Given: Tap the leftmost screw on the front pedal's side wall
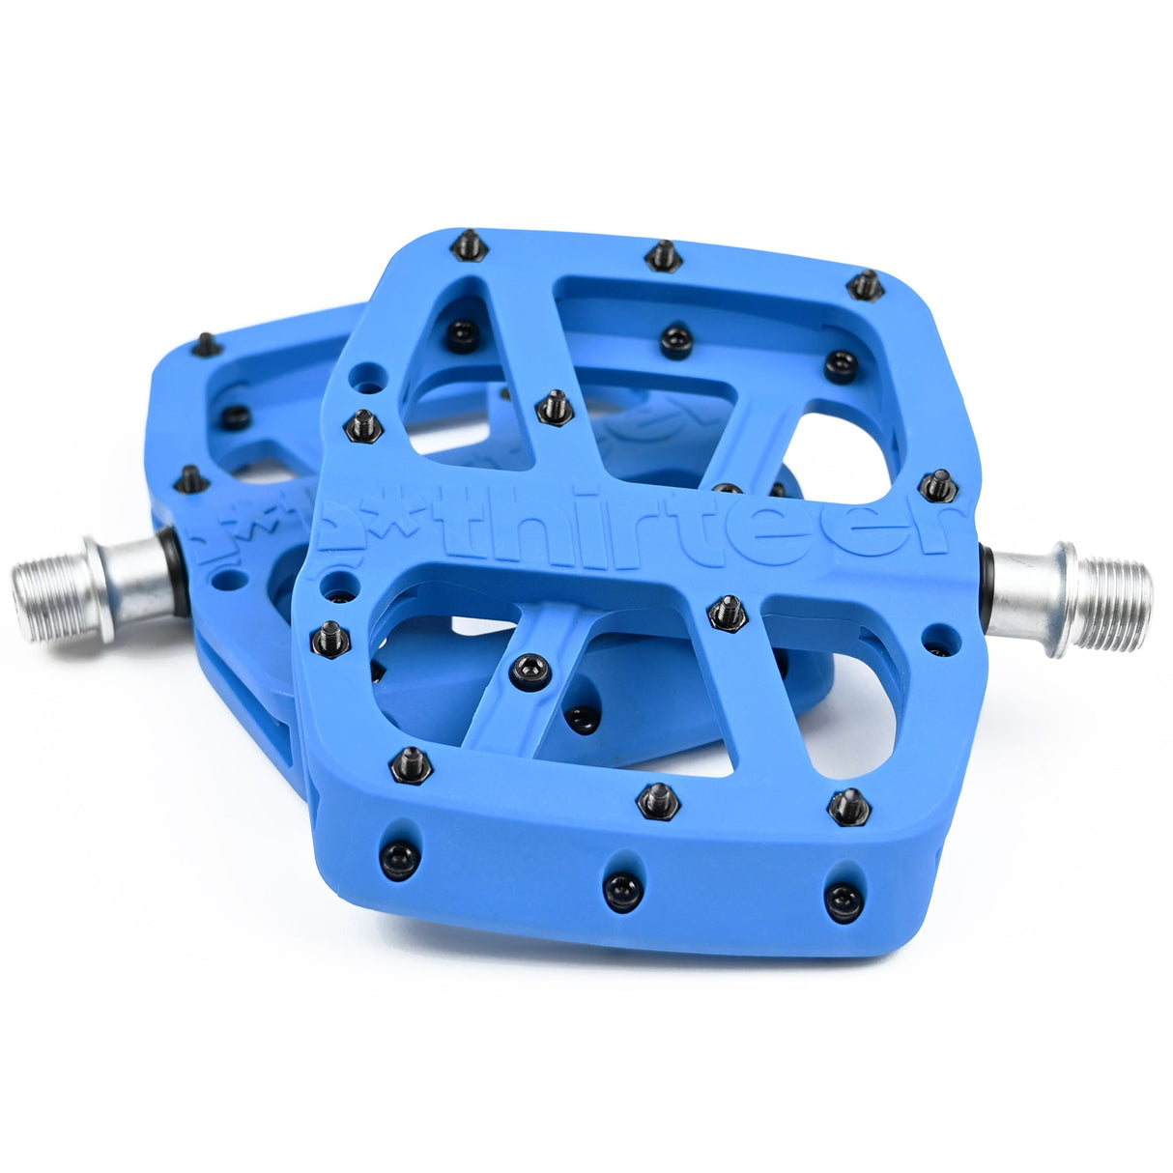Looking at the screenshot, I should click(399, 859).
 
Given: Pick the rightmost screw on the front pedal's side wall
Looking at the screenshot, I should click(844, 901).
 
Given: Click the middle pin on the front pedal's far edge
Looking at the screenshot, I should click(663, 256).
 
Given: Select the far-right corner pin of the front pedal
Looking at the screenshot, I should click(865, 285).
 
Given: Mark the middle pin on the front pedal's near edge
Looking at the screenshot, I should click(659, 800).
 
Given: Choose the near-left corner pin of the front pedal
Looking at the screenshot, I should click(411, 763).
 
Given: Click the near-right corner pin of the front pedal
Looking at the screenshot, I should click(848, 806).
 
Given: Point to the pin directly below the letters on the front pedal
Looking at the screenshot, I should click(727, 613).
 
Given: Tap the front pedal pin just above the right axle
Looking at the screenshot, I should click(938, 485).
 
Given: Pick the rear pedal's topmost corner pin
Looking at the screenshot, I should click(206, 344).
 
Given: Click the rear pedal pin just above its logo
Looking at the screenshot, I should click(190, 478).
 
